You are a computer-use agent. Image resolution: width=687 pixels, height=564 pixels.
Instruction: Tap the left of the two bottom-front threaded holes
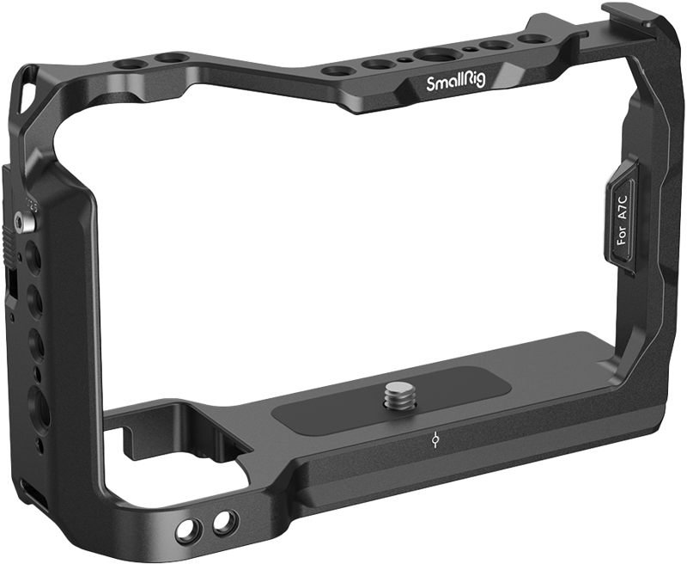point(184,526)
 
